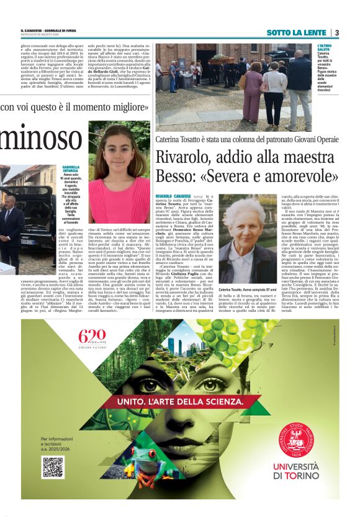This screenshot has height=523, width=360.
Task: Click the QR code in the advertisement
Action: pyautogui.click(x=53, y=466)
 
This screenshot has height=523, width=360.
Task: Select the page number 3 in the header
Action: pyautogui.click(x=337, y=32)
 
